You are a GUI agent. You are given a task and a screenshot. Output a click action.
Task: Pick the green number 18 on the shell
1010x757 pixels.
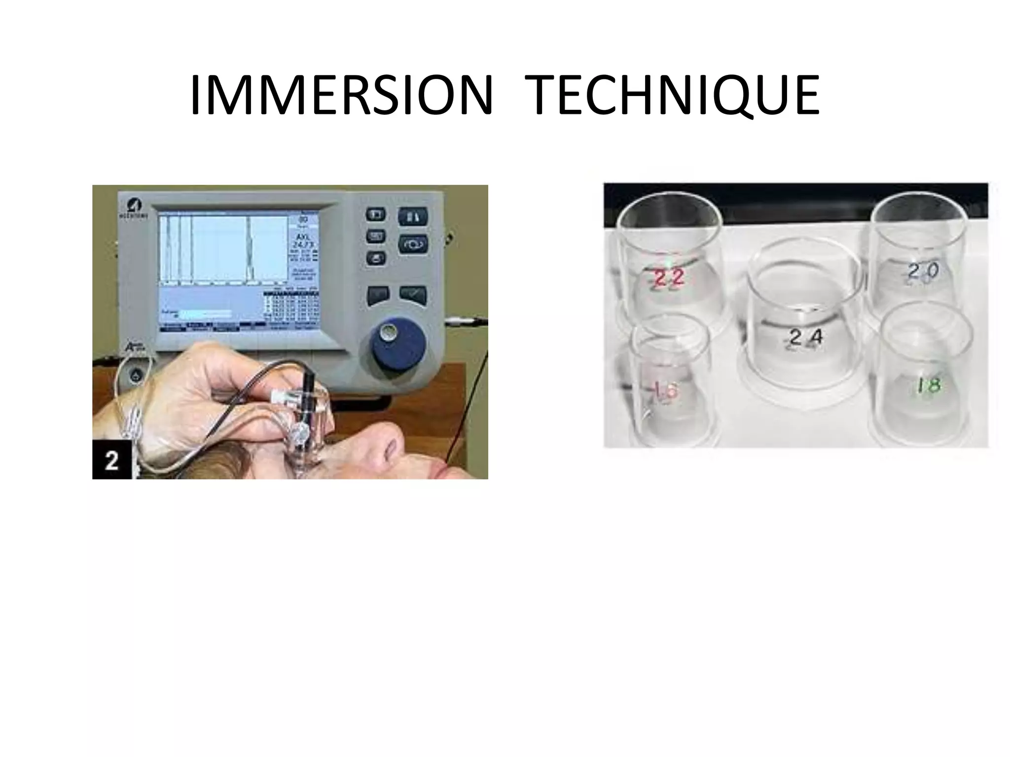tap(928, 385)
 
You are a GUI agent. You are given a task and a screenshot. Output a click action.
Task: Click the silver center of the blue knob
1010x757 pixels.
tap(389, 332)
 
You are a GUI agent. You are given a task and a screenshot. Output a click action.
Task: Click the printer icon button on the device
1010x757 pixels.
tap(376, 258)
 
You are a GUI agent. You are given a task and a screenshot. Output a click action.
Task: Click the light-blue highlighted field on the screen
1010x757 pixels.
tap(204, 314)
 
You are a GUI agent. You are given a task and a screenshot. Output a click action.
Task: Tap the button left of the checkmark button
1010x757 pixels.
tap(378, 295)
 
